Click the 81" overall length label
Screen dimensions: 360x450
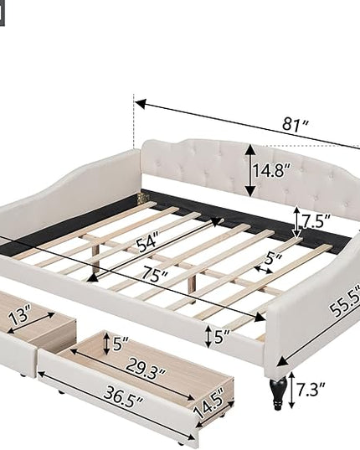tap(296, 124)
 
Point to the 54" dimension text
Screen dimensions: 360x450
tap(147, 244)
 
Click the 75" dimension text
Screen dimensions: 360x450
tap(155, 274)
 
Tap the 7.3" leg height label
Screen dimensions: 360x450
tap(311, 389)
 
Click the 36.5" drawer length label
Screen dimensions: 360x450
tap(123, 396)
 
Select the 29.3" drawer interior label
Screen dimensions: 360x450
tap(146, 368)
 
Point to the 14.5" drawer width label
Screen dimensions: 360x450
tap(209, 402)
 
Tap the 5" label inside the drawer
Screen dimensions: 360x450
tap(121, 344)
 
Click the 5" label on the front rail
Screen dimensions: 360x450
tap(222, 336)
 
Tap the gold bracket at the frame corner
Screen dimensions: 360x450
tap(144, 197)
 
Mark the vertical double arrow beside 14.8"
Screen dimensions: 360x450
tap(250, 171)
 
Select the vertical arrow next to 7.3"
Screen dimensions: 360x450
tap(291, 390)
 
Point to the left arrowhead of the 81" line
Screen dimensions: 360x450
tap(141, 104)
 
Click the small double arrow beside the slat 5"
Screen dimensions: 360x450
tap(264, 269)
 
